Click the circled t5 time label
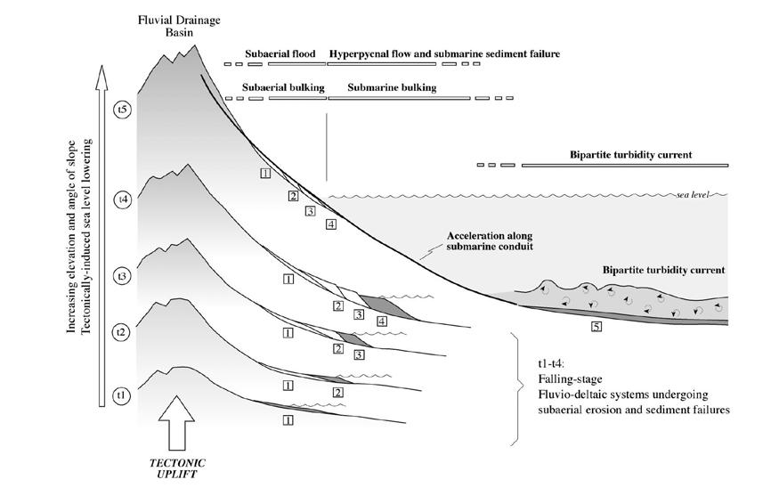coord(123,110)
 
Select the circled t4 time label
coord(123,199)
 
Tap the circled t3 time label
coord(123,276)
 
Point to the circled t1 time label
coord(123,394)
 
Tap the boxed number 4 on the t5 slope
coord(330,224)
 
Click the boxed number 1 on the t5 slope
coord(264,173)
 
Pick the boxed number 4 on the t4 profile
coord(382,321)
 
